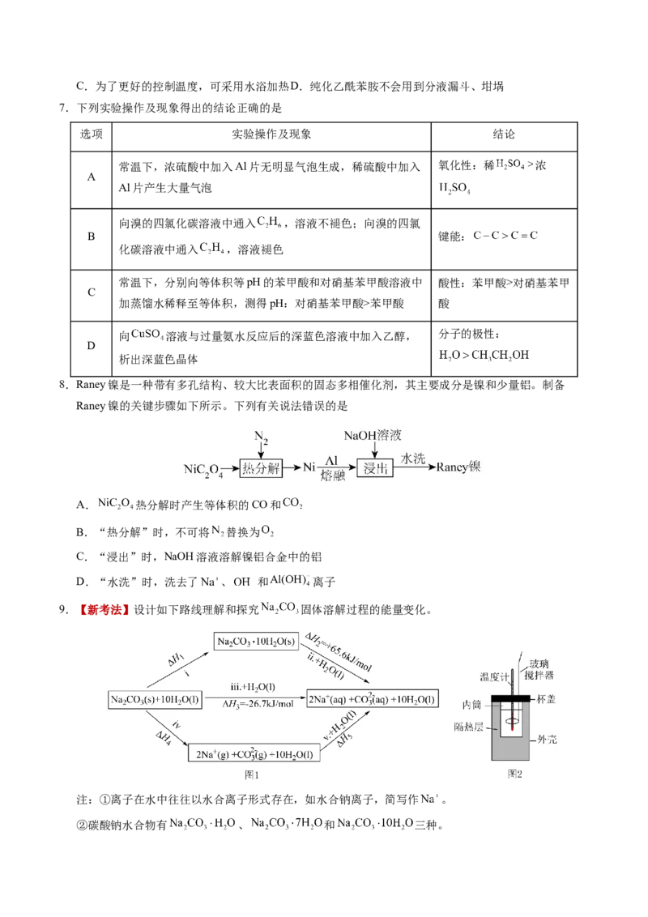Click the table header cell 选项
tap(92, 134)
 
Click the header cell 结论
tap(504, 134)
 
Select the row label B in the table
tap(92, 237)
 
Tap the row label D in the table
tap(92, 346)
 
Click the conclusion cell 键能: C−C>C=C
tap(488, 236)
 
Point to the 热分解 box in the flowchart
tap(261, 468)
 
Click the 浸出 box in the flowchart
tap(376, 468)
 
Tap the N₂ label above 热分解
tap(261, 437)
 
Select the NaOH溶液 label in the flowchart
tap(373, 435)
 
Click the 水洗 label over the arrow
tap(413, 458)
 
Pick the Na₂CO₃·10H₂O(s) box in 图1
tap(256, 642)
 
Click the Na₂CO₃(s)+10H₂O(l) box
tap(155, 699)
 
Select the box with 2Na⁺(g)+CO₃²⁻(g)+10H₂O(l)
tap(254, 753)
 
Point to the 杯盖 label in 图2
tap(546, 699)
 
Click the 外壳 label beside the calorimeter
tap(548, 740)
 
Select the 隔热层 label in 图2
tap(468, 727)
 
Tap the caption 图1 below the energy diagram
tap(252, 775)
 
